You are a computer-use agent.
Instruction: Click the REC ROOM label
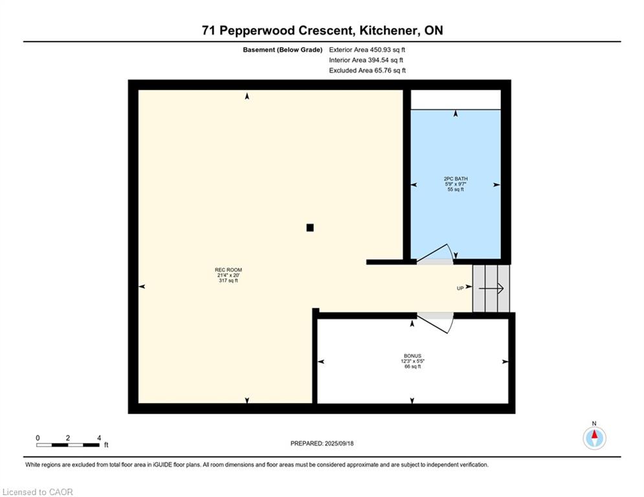(x=228, y=270)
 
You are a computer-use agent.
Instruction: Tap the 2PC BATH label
(x=456, y=179)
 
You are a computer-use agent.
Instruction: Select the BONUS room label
(x=412, y=356)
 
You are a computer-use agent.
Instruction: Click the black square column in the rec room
(x=310, y=228)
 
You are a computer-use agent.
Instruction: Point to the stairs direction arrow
(x=491, y=289)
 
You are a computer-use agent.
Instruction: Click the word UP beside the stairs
(x=460, y=289)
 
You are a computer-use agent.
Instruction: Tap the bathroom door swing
(x=436, y=254)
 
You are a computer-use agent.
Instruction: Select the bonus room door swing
(x=436, y=322)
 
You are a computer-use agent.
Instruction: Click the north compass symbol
(x=594, y=438)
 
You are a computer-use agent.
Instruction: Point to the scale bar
(x=68, y=445)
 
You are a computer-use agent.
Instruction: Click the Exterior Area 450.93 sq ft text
(x=367, y=50)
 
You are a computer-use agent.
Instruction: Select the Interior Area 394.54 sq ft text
(x=366, y=60)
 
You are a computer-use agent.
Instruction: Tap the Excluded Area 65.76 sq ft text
(x=367, y=71)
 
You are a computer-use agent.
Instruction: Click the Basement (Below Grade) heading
(x=283, y=50)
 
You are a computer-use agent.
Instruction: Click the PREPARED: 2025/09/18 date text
(x=322, y=443)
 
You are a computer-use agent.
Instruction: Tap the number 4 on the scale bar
(x=99, y=438)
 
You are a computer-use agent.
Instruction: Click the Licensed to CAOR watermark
(x=38, y=492)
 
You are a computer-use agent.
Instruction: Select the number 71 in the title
(x=208, y=30)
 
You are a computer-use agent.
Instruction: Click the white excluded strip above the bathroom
(x=456, y=100)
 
